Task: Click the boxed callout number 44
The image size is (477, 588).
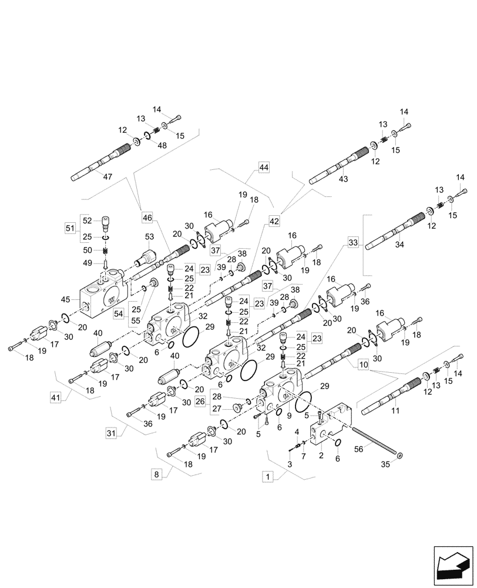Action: click(263, 168)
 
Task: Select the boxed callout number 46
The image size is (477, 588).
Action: click(147, 218)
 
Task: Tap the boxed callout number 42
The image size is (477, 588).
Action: click(275, 220)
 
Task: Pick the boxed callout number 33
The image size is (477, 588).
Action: click(352, 242)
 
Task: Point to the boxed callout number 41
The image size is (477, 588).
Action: click(55, 398)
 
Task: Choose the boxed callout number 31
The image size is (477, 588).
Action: click(111, 433)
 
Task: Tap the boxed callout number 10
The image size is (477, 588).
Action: click(363, 365)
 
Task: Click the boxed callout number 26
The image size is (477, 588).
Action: click(200, 402)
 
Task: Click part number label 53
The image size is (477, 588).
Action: click(149, 236)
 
